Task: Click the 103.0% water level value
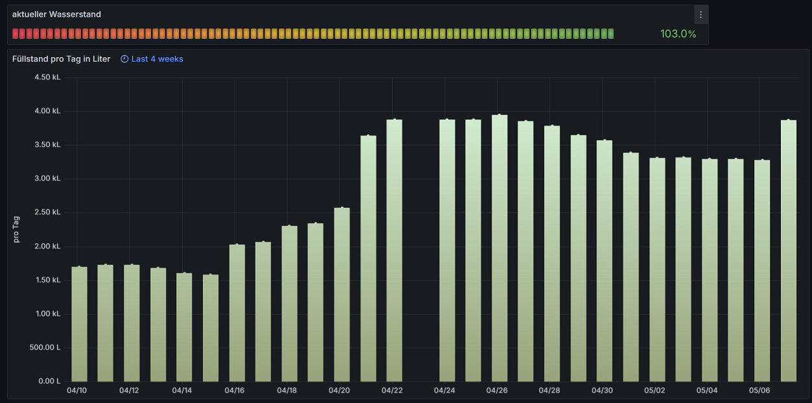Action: pos(678,34)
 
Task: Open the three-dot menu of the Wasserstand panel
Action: pos(700,14)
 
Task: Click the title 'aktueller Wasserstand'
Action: pos(56,14)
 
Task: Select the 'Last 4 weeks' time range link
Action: pos(157,59)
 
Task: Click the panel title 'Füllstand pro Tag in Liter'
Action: pos(62,59)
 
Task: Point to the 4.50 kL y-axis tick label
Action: pos(47,77)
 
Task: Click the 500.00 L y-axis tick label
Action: pos(45,347)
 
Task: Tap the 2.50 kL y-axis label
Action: pos(47,213)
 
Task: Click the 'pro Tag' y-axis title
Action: pos(16,229)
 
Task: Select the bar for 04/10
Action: pos(79,324)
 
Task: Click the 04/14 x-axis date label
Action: pos(182,391)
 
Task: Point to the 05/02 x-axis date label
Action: pos(654,391)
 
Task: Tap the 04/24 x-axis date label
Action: pos(444,391)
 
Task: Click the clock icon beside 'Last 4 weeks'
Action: pos(125,59)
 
